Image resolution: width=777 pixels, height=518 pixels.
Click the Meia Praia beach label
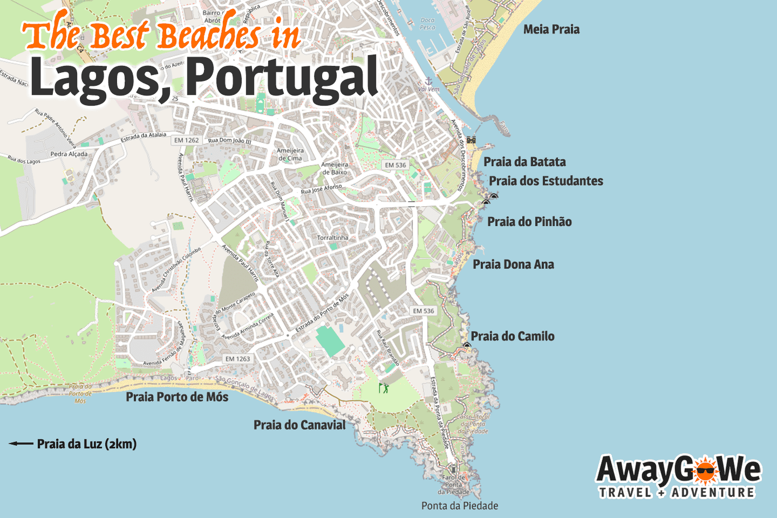551,30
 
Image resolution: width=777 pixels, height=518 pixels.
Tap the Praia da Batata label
524,162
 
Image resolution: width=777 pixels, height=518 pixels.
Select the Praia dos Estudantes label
546,181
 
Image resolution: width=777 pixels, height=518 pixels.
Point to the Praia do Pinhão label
529,222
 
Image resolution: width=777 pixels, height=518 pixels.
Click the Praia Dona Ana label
513,264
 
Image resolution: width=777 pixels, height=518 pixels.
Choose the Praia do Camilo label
512,336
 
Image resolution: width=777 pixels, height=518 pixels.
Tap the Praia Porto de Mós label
177,397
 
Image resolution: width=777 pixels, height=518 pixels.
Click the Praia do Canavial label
299,425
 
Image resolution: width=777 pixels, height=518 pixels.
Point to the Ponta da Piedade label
460,506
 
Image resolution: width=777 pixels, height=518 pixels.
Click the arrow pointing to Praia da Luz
21,444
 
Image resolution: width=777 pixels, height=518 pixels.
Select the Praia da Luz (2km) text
87,444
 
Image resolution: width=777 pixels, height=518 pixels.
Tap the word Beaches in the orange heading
208,35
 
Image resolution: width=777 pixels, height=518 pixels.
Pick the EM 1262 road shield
187,140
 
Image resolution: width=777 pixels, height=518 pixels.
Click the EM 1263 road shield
237,359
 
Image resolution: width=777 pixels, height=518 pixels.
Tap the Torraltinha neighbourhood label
332,237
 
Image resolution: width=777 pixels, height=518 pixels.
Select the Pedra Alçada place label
69,154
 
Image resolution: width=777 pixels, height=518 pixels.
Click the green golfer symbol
384,387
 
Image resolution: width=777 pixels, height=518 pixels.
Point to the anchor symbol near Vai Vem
429,81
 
